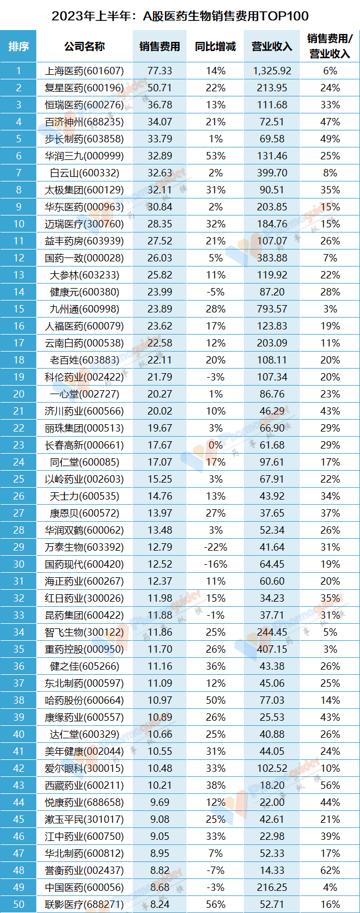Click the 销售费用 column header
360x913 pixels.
159,47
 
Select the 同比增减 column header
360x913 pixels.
215,47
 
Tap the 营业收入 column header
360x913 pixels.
272,47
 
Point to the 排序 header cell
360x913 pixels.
19,47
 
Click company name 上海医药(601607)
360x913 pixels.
84,71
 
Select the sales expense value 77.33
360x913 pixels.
159,71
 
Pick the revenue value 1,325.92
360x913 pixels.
272,71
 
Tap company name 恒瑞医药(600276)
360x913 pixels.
84,105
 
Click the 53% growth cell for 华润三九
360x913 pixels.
215,156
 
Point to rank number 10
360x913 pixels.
19,224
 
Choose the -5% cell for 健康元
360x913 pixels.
215,292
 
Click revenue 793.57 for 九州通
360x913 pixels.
272,309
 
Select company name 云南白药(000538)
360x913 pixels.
84,343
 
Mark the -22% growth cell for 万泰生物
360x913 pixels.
215,547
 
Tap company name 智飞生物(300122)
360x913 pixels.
84,632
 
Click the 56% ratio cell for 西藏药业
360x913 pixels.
330,785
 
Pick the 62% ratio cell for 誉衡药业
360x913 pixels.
330,870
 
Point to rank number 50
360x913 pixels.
19,904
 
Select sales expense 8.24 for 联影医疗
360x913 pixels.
159,904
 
